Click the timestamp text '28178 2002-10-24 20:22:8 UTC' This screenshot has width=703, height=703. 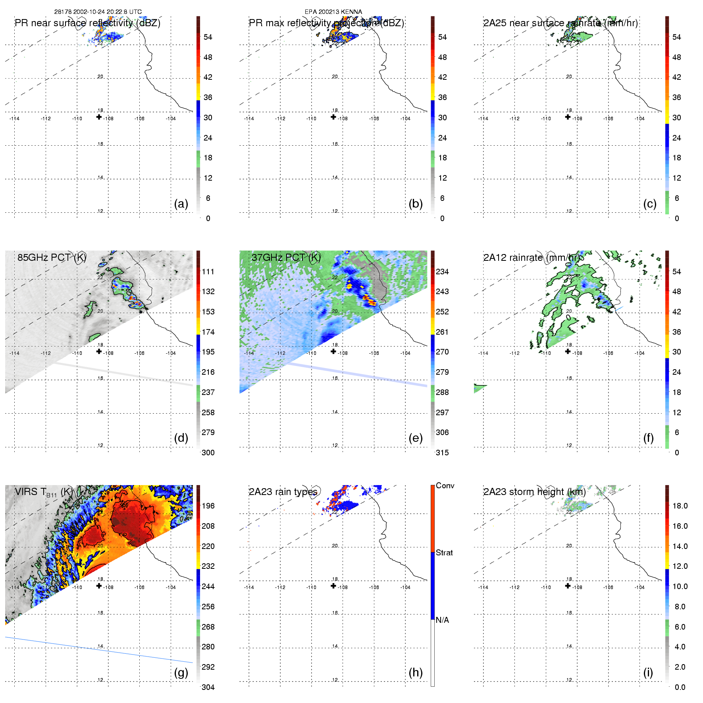pyautogui.click(x=98, y=12)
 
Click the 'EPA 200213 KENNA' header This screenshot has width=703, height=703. pyautogui.click(x=333, y=12)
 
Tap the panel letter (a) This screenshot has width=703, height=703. pyautogui.click(x=181, y=204)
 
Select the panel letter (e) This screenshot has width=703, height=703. pyautogui.click(x=415, y=438)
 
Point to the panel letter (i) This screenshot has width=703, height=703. pyautogui.click(x=648, y=672)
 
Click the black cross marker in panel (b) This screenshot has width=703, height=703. pyautogui.click(x=333, y=117)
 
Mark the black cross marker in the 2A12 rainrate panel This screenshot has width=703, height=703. pyautogui.click(x=568, y=351)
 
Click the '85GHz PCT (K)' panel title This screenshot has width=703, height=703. pyautogui.click(x=52, y=257)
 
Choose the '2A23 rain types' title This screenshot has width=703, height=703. pyautogui.click(x=283, y=492)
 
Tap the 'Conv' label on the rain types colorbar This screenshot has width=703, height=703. pyautogui.click(x=445, y=485)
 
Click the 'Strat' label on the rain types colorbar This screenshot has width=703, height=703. pyautogui.click(x=444, y=553)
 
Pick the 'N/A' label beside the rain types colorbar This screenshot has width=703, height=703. pyautogui.click(x=442, y=620)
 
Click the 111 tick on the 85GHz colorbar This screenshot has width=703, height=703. pyautogui.click(x=208, y=272)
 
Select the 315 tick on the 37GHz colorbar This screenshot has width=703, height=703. pyautogui.click(x=442, y=453)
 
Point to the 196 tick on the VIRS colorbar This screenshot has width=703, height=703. pyautogui.click(x=208, y=506)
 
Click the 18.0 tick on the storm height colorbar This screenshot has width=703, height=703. pyautogui.click(x=680, y=506)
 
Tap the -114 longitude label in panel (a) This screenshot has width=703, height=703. pyautogui.click(x=14, y=119)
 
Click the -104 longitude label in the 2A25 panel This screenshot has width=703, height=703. pyautogui.click(x=639, y=119)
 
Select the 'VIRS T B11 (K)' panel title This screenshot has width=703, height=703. pyautogui.click(x=44, y=492)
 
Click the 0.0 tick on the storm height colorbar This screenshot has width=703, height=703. pyautogui.click(x=680, y=687)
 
